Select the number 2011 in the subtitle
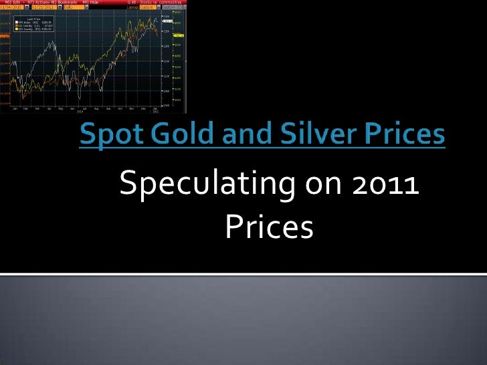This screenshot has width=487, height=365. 381,186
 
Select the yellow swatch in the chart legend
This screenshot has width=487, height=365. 17,29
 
